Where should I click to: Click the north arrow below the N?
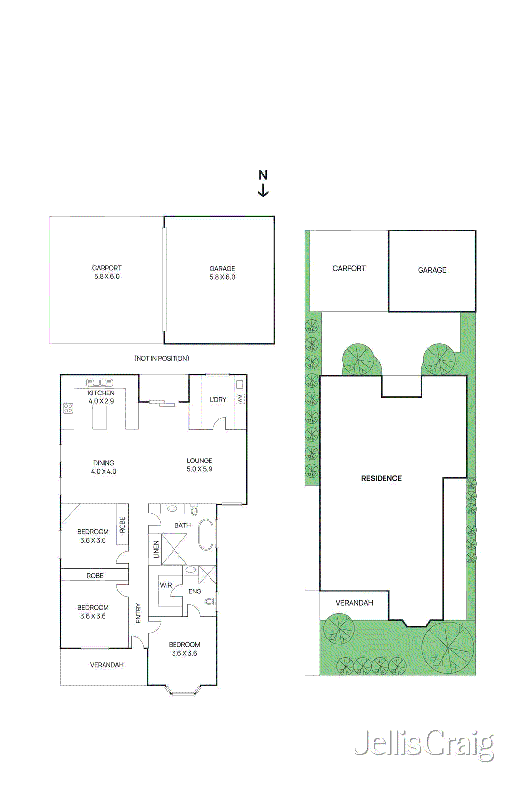[263, 191]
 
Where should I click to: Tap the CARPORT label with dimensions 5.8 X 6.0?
[106, 272]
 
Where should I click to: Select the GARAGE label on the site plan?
[432, 270]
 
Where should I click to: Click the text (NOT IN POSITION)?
[162, 358]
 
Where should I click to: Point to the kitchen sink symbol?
[100, 383]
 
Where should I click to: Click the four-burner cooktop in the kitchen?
[68, 408]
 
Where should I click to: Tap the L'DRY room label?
[218, 400]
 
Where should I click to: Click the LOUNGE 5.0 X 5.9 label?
[199, 465]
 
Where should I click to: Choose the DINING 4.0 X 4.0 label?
[104, 467]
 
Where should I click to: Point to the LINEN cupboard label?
[156, 549]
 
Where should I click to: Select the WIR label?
[166, 585]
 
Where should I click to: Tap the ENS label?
[195, 591]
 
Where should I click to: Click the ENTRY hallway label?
[138, 613]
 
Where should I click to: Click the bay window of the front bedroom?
[183, 691]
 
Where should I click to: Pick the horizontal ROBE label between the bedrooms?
[95, 576]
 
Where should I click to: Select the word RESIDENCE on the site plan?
[381, 478]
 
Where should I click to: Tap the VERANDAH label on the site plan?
[354, 603]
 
